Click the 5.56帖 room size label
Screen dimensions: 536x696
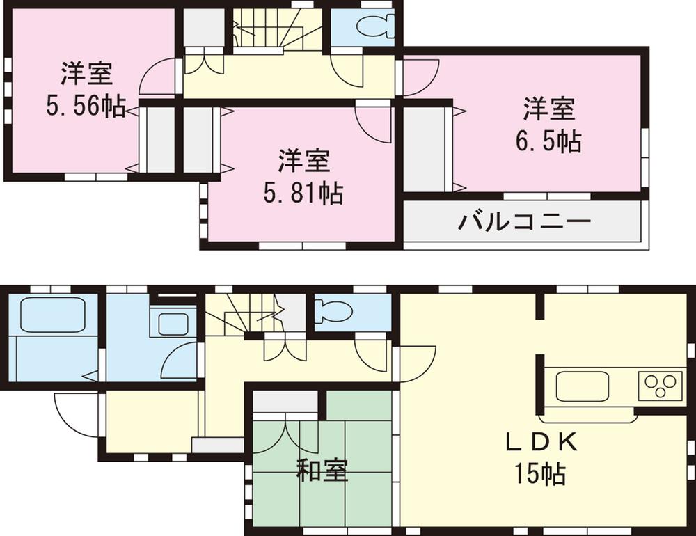click(x=86, y=106)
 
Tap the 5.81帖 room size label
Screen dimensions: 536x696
click(x=303, y=194)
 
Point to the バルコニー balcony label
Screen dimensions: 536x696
click(x=524, y=223)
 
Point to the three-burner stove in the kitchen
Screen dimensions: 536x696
click(x=661, y=385)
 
